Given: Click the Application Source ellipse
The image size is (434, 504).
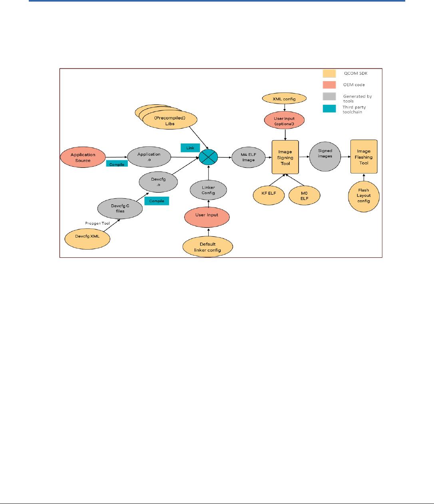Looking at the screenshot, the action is tap(83, 157).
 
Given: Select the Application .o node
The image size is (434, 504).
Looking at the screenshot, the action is tap(149, 157).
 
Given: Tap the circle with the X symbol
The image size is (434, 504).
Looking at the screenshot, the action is tap(209, 157).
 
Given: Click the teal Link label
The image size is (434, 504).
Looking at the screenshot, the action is tap(190, 148).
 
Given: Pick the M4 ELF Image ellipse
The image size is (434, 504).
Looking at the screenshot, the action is tap(248, 157).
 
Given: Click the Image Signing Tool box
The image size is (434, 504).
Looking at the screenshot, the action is tap(285, 157).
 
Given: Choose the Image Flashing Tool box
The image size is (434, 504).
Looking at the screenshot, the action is tap(364, 157).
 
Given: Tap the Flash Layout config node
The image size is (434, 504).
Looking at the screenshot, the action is tap(364, 196).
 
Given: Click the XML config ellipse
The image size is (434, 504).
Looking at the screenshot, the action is tap(284, 98).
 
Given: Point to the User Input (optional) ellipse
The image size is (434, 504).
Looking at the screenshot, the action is tap(284, 121).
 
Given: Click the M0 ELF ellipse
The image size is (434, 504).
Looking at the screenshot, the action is tap(305, 196).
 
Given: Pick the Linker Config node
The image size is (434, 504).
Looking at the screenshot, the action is tap(208, 190).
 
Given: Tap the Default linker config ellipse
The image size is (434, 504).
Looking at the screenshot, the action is tap(207, 247).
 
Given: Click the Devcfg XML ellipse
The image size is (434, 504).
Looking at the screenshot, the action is tap(88, 237).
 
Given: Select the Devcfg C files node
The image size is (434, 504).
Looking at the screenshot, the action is tap(120, 209).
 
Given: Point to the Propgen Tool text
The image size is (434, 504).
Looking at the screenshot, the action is tap(97, 223).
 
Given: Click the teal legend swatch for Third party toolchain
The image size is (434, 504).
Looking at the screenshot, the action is tap(329, 108).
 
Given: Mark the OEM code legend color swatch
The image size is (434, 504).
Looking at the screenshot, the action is tap(329, 85).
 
